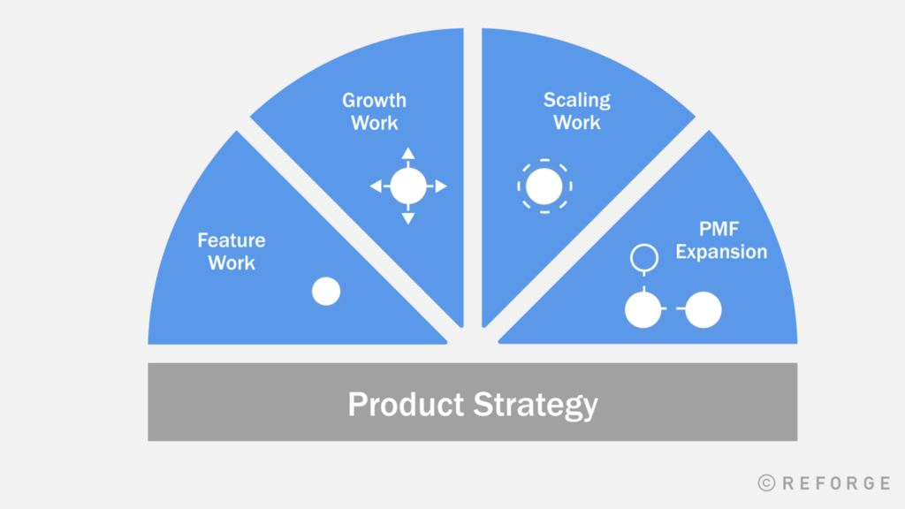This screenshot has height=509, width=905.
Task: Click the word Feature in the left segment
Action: [232, 240]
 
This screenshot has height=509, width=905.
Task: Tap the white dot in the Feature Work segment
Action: [326, 291]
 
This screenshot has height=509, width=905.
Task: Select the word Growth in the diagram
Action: [374, 101]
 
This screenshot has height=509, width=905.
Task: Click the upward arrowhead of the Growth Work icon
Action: [408, 153]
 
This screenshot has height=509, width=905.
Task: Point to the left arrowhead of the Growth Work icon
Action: [376, 186]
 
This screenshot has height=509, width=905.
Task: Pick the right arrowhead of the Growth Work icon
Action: [441, 186]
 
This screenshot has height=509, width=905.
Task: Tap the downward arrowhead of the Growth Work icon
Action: [408, 219]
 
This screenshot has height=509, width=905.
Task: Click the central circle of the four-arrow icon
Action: [408, 186]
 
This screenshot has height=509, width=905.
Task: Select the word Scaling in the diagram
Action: [576, 101]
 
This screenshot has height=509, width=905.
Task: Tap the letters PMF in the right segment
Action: [719, 229]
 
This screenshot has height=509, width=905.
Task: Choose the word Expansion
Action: [721, 252]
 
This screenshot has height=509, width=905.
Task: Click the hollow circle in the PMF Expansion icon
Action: [644, 245]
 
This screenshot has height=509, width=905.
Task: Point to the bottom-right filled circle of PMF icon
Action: [703, 310]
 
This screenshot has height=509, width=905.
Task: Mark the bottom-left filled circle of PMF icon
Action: [643, 310]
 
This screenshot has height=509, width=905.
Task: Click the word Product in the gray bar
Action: [406, 404]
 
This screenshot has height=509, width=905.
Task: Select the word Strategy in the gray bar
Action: [536, 405]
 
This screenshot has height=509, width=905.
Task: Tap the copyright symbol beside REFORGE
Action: [766, 483]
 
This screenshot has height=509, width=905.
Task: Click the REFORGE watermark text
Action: [836, 483]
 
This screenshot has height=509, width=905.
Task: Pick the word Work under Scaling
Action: [576, 123]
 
